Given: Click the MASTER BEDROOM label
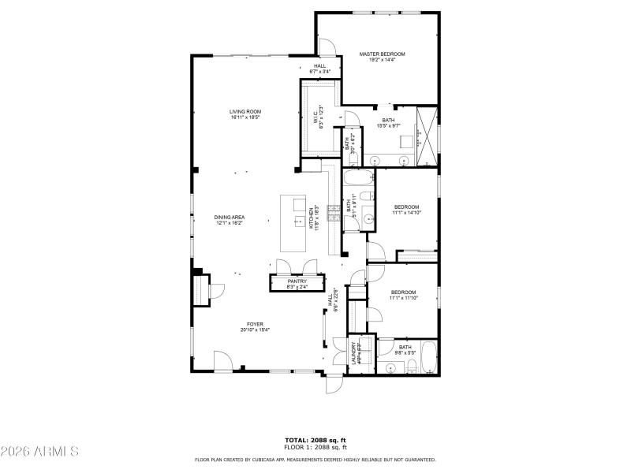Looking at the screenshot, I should pyautogui.click(x=382, y=54).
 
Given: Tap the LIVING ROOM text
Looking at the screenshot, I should pyautogui.click(x=245, y=112).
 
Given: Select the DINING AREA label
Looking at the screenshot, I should pyautogui.click(x=228, y=218).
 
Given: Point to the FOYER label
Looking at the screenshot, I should pyautogui.click(x=255, y=324).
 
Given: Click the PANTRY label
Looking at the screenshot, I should pyautogui.click(x=297, y=281).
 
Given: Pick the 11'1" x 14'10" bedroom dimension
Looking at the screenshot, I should pyautogui.click(x=407, y=212).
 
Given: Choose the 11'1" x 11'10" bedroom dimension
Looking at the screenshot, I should pyautogui.click(x=403, y=298).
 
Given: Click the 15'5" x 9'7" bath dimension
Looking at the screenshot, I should pyautogui.click(x=389, y=125).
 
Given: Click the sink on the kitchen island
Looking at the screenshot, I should pyautogui.click(x=300, y=222).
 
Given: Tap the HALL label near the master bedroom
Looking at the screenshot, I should pyautogui.click(x=319, y=66).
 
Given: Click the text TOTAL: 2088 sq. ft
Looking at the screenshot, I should pyautogui.click(x=315, y=440).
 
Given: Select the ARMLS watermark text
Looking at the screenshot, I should pyautogui.click(x=39, y=452).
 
